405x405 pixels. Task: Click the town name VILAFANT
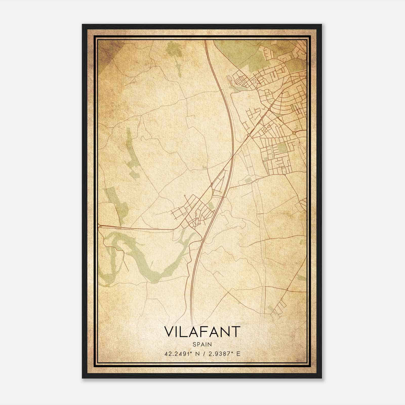click(x=202, y=332)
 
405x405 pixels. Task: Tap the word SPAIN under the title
click(x=202, y=345)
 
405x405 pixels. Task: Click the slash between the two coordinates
click(x=205, y=354)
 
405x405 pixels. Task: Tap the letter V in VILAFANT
click(x=169, y=332)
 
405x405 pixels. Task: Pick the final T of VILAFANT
click(x=236, y=332)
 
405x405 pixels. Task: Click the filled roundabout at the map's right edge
click(x=294, y=133)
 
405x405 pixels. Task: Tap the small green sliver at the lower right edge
click(x=302, y=277)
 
